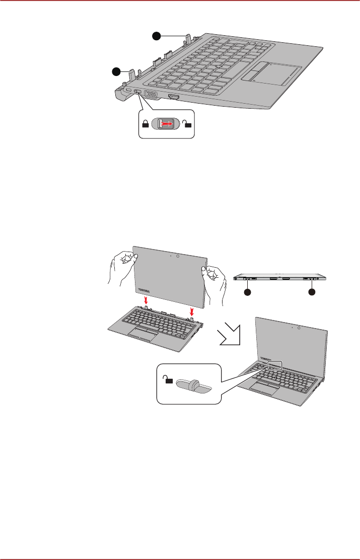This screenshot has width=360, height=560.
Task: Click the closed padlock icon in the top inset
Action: pyautogui.click(x=146, y=124)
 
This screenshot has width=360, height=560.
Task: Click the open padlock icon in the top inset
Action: pyautogui.click(x=189, y=124)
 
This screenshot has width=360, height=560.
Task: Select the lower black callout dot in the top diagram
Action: pyautogui.click(x=117, y=71)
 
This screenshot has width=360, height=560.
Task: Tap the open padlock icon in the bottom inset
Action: pyautogui.click(x=168, y=380)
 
